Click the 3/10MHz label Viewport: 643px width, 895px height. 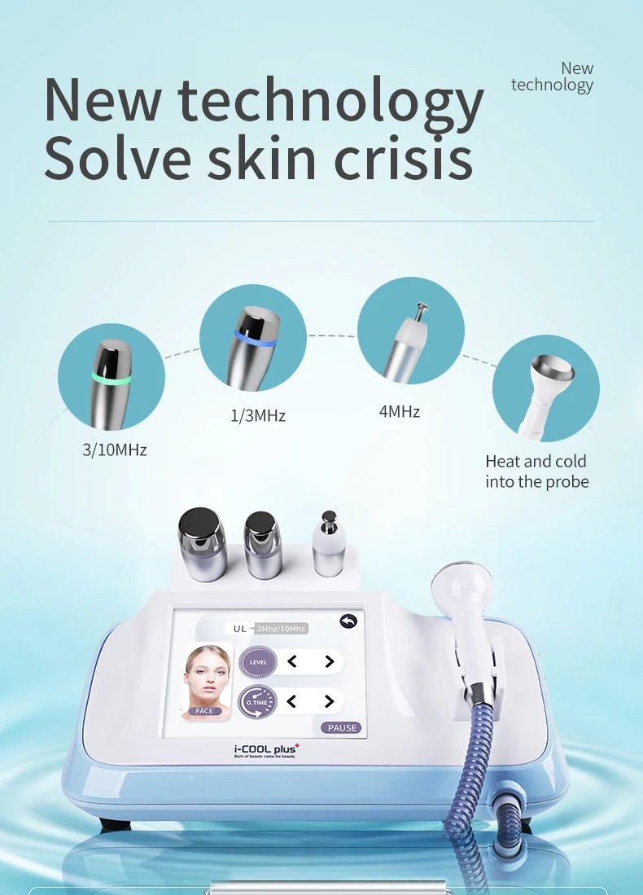click(115, 449)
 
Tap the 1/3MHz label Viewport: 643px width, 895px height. click(258, 415)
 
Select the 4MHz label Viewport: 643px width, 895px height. click(400, 411)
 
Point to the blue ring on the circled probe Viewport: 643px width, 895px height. click(254, 336)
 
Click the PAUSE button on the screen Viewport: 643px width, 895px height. click(342, 728)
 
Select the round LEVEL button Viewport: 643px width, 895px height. click(258, 662)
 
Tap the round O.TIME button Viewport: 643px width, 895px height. click(258, 700)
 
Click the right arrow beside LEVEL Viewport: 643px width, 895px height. click(330, 662)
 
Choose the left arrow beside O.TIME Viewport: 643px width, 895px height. click(292, 700)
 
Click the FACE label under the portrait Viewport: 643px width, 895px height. click(204, 711)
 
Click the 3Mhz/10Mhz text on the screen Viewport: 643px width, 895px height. click(281, 628)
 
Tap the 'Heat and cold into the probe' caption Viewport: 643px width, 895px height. click(537, 472)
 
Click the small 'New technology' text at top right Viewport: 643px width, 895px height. click(553, 77)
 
